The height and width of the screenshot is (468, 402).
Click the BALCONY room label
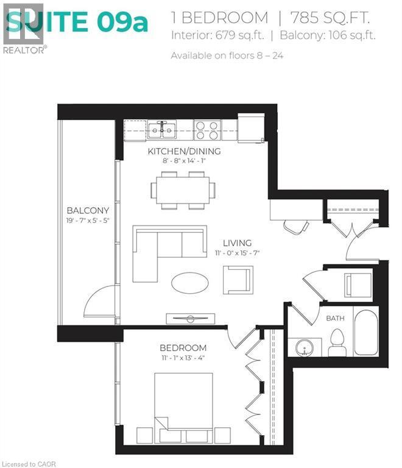[88, 210]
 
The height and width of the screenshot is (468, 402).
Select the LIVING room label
[237, 243]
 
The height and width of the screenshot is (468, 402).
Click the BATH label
[335, 318]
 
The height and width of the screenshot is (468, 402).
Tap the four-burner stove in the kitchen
[208, 130]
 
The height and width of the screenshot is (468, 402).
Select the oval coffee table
[189, 282]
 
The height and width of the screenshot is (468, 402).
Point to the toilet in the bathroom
[337, 343]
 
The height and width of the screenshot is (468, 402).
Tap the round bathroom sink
[305, 348]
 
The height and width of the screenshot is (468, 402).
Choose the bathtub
[365, 331]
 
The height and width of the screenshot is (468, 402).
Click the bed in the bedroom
[183, 405]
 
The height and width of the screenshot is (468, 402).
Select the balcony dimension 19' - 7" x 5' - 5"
[88, 220]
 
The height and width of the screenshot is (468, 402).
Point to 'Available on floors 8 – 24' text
[227, 55]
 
